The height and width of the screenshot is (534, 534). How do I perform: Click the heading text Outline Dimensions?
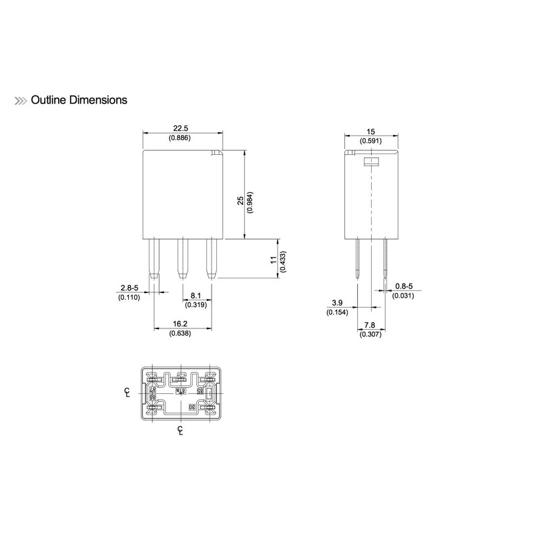coord(79,100)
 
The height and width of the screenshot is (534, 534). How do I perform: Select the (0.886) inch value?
coord(184,138)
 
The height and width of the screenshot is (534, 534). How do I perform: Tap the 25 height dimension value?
coord(240,201)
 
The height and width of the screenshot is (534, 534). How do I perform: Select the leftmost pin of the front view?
coord(155,259)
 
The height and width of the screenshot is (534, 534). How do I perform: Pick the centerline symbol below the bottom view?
coord(180,430)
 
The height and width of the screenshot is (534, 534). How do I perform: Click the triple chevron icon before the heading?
coord(21,101)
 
